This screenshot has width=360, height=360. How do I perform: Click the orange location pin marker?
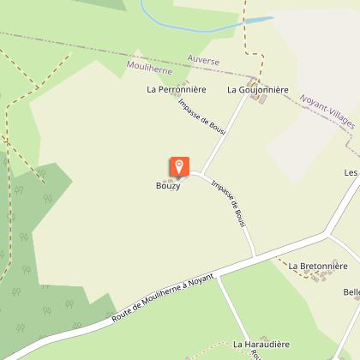coord(178,166)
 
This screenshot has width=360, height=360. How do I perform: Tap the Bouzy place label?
coord(168,188)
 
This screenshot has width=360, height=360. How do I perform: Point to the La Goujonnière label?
coord(258,89)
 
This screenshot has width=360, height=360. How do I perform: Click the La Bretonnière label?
coord(317,267)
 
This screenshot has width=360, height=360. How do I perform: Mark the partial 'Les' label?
coord(351,172)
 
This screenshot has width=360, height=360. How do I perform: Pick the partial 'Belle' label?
coord(351,292)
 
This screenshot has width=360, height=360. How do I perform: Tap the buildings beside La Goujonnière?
coord(260,101)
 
